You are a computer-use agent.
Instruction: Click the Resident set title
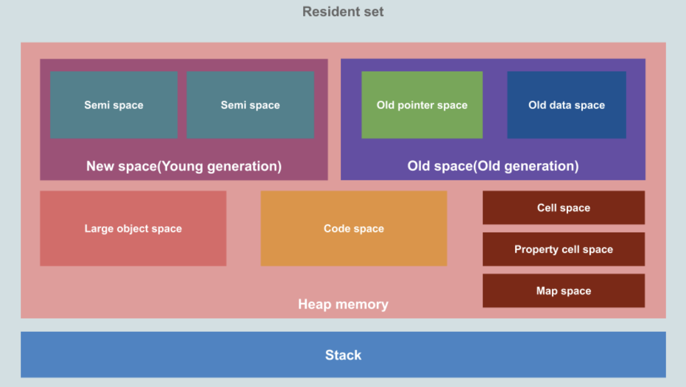point(343,11)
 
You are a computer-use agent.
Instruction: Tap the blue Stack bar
point(343,355)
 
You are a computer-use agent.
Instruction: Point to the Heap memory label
point(343,304)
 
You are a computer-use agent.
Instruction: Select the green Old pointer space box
point(422,105)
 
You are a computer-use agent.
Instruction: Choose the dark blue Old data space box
point(566,105)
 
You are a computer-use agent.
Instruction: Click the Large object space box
point(133,228)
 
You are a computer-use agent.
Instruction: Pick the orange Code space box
point(354,228)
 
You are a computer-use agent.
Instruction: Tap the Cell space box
point(563,208)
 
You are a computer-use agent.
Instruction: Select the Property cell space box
point(563,249)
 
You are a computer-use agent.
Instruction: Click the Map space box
point(563,291)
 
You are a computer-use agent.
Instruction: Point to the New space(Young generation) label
point(184,166)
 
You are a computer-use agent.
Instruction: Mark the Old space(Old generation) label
point(493,166)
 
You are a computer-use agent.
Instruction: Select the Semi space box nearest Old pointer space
point(250,105)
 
